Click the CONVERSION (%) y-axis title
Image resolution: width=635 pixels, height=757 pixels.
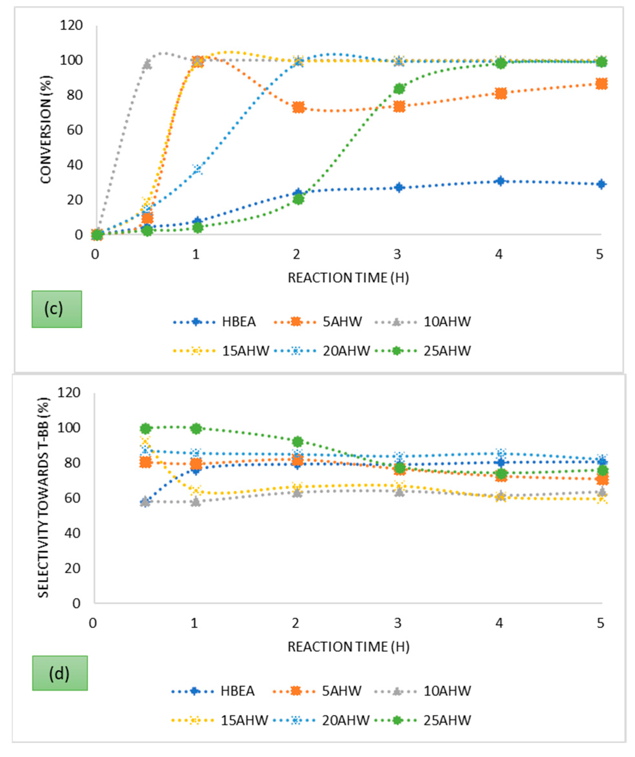click(x=46, y=129)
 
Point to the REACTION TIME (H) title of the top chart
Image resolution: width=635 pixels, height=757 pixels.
click(x=348, y=278)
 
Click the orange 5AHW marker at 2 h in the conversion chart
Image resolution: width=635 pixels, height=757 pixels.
click(x=298, y=107)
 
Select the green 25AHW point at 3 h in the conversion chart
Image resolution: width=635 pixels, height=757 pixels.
click(x=399, y=89)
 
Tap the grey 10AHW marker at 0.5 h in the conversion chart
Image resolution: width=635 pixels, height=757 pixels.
click(x=147, y=65)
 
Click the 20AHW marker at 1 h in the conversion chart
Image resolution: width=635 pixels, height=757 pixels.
click(x=197, y=169)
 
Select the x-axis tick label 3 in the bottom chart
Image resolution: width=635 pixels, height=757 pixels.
click(x=398, y=623)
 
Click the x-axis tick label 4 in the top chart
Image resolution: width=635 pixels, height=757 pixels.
click(x=499, y=255)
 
